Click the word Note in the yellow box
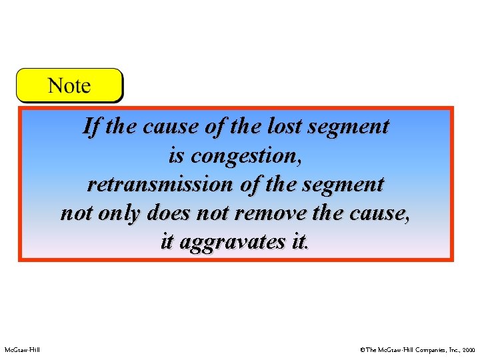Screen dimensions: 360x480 pos(69,85)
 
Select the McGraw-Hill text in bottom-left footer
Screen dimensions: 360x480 pos(22,349)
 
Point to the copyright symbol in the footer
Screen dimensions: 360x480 pos(362,349)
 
